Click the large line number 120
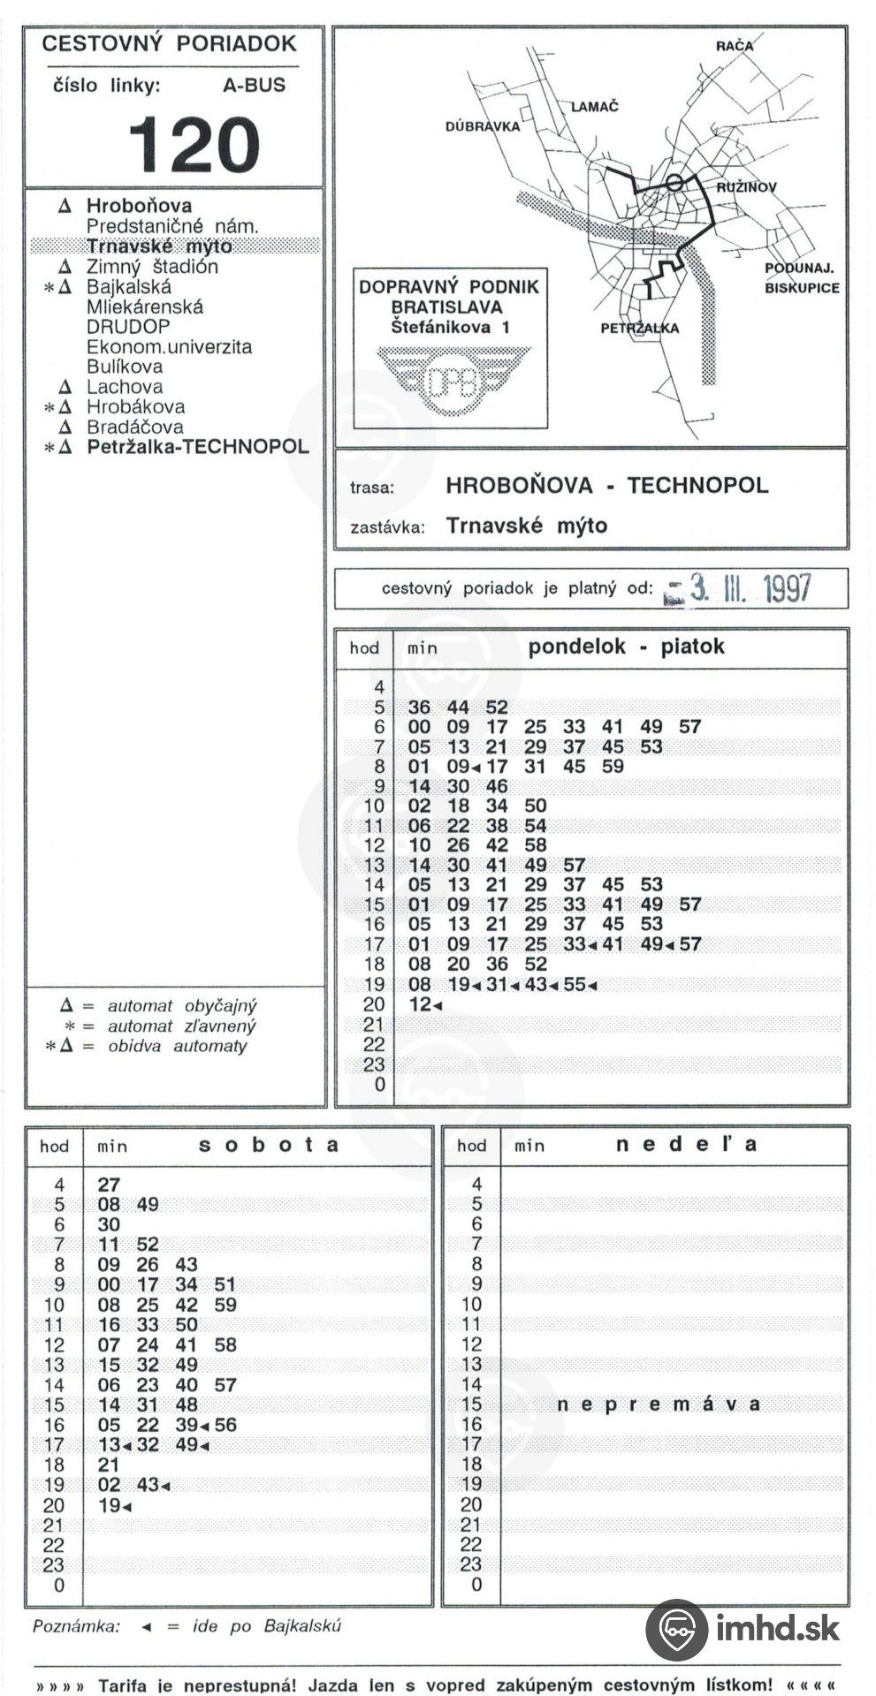click(194, 145)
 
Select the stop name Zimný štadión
click(151, 267)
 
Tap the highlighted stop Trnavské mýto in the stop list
click(159, 246)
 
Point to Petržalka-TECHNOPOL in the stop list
click(197, 447)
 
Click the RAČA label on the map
click(735, 47)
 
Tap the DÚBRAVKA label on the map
click(483, 126)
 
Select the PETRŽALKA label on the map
click(640, 329)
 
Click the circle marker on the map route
click(674, 183)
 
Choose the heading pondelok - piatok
click(626, 647)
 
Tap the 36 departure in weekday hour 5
click(419, 708)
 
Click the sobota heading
click(269, 1145)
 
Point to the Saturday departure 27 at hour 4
click(109, 1185)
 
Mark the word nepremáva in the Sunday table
click(659, 1404)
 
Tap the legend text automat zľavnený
click(181, 1026)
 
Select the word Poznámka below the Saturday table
click(76, 1626)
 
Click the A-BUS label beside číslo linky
click(255, 86)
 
